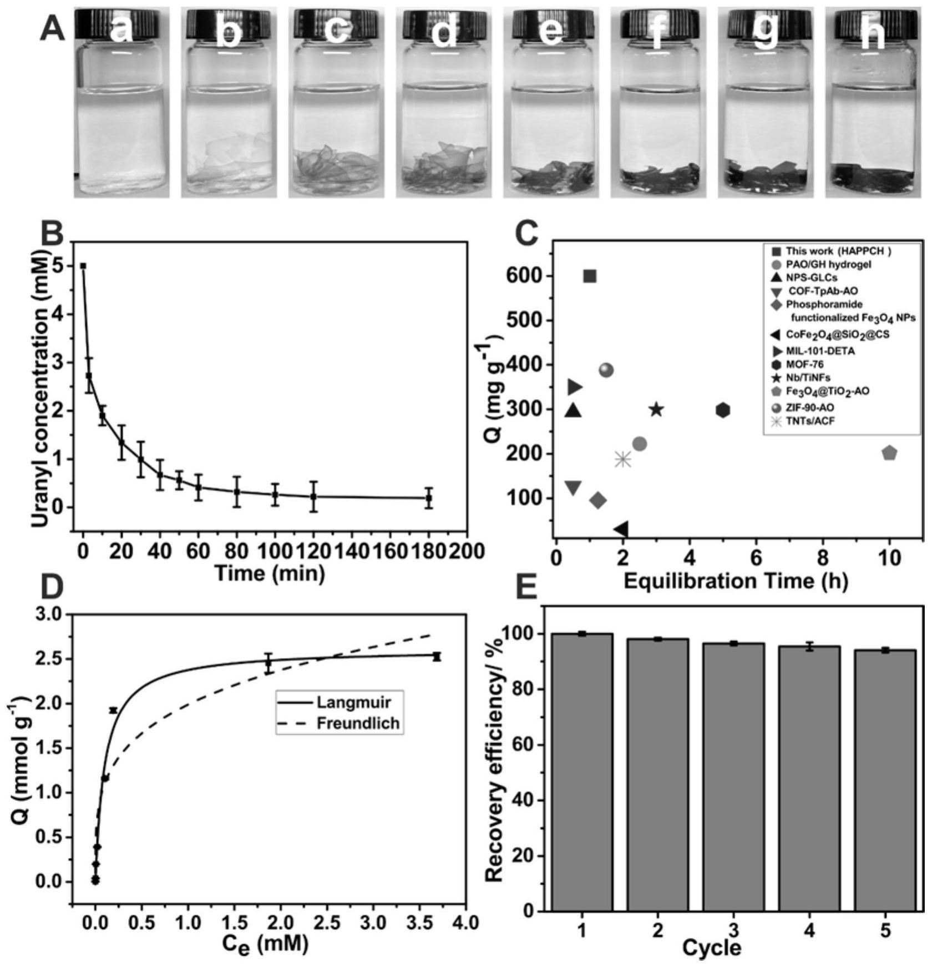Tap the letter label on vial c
[335, 31]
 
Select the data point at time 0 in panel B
[83, 266]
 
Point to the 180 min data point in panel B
[428, 498]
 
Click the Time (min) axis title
[270, 572]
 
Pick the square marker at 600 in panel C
[590, 276]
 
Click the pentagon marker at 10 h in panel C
[889, 453]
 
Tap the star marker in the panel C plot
[656, 410]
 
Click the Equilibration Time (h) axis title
[736, 581]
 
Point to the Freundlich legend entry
[358, 723]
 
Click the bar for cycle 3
[733, 777]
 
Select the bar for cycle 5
[884, 780]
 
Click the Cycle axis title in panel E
[712, 947]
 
